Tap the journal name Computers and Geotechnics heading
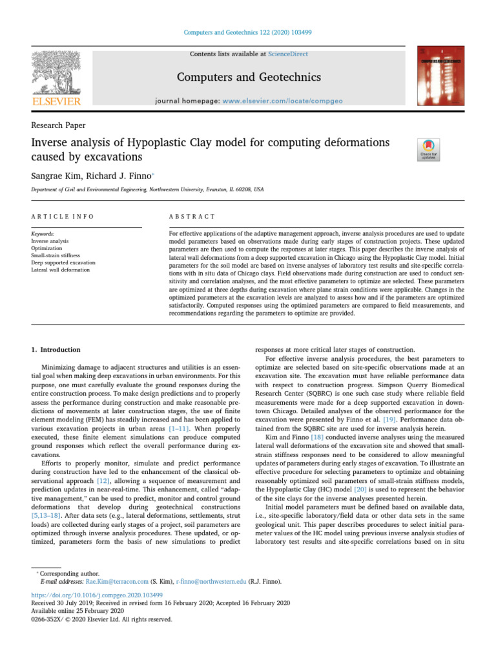pos(249,78)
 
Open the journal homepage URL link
pos(287,101)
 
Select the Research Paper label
pos(58,125)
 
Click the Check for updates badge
pos(429,150)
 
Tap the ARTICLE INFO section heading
pos(63,216)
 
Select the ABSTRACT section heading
pos(192,216)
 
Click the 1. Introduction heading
pos(56,350)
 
